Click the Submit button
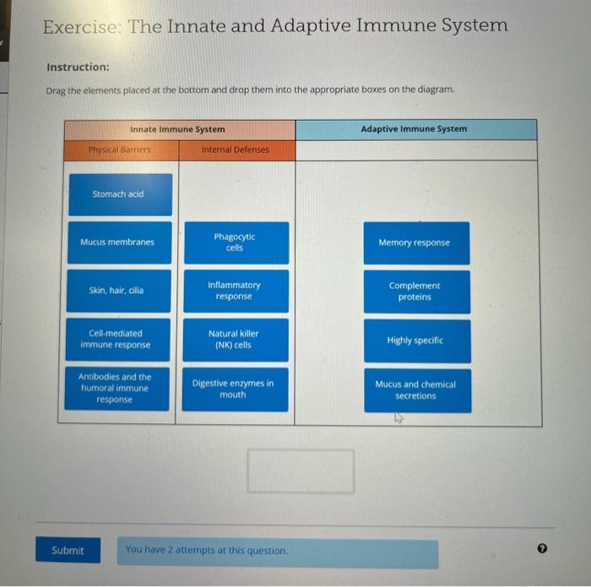tap(68, 551)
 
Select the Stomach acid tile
tap(120, 194)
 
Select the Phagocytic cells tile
tap(236, 242)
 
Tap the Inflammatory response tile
tap(236, 291)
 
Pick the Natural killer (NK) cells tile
tap(236, 340)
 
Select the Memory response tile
tap(417, 242)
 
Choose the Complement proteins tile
tap(417, 291)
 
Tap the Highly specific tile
tap(417, 340)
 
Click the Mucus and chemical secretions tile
tap(417, 389)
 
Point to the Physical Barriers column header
tap(120, 150)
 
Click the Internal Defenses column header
tap(236, 150)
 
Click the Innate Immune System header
tap(178, 129)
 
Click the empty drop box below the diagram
tap(301, 471)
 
